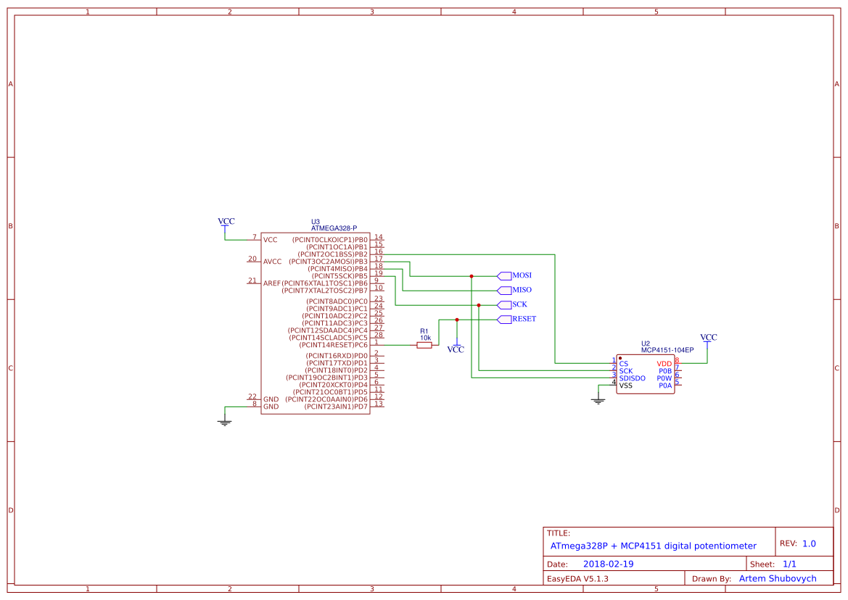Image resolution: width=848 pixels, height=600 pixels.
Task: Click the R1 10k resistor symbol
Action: pos(424,345)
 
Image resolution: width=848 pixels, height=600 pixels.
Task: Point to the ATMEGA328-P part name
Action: pos(334,228)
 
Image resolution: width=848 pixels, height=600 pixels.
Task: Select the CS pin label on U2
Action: pos(624,364)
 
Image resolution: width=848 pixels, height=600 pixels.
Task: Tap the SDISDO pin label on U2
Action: pos(632,378)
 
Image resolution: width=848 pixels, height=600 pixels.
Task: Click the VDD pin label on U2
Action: pos(664,364)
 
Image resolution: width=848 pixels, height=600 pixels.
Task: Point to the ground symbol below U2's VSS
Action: pos(598,400)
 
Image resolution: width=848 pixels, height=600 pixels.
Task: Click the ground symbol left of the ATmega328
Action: pos(225,422)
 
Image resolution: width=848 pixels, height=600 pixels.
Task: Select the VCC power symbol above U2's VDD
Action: pos(708,338)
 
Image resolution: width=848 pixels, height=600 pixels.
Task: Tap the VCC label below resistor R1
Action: pos(456,349)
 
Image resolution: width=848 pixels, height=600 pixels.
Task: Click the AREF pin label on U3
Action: pos(271,283)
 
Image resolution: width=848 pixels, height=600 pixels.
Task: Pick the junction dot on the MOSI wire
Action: pos(472,276)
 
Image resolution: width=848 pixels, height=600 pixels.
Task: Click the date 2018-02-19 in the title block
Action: pos(609,564)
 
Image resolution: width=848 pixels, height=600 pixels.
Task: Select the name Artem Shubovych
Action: pos(777,578)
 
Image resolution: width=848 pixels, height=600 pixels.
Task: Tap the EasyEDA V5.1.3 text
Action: pos(577,578)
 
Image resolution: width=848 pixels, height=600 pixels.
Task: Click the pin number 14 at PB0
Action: pos(379,237)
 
